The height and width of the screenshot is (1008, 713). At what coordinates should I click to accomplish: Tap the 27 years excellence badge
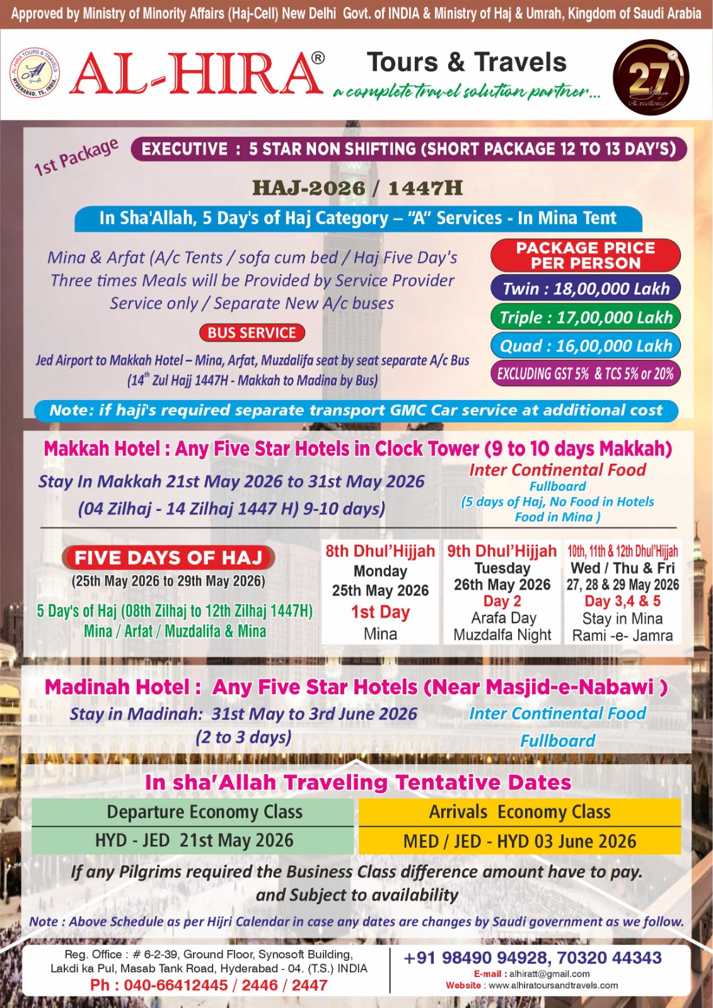click(650, 78)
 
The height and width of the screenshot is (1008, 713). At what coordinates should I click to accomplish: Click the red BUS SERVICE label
click(252, 333)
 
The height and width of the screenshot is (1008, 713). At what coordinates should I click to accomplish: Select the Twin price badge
click(585, 289)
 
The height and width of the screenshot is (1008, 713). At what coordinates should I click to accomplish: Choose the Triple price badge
click(585, 317)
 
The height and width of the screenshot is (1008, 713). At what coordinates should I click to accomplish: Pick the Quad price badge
click(585, 345)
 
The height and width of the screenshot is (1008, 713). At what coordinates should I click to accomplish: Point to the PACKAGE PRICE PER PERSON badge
click(585, 255)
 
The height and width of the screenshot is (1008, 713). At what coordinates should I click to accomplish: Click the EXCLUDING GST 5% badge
click(585, 374)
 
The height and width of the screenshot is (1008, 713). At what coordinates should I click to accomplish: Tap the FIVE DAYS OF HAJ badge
click(168, 558)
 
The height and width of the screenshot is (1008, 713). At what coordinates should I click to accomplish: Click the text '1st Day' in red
click(380, 612)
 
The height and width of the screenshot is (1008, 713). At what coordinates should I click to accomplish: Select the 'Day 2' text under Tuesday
click(502, 601)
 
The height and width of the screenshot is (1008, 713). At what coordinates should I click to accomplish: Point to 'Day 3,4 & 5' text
click(622, 601)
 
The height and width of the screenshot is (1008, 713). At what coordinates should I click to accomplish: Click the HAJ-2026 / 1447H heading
click(357, 188)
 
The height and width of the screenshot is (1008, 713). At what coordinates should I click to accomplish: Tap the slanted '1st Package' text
click(76, 157)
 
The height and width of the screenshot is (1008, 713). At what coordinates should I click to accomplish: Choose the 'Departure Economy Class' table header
click(204, 812)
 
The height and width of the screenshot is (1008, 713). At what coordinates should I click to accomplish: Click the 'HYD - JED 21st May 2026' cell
click(194, 840)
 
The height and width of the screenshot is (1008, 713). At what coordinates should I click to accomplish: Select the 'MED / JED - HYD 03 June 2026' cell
click(519, 841)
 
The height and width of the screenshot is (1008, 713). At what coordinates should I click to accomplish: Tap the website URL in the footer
click(553, 985)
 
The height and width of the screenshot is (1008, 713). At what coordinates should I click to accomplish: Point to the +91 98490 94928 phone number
click(477, 958)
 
